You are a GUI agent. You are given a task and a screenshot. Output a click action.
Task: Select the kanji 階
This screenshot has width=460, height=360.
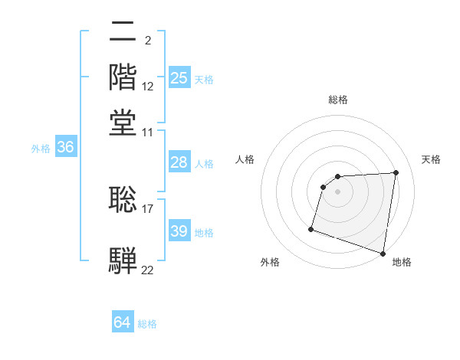(x=123, y=77)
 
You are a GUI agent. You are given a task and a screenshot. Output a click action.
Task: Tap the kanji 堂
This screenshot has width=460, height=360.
(x=123, y=123)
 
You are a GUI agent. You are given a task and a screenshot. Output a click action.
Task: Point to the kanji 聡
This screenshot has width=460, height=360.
(x=123, y=198)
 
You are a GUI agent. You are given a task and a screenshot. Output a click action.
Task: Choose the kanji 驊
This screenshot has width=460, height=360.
(x=123, y=260)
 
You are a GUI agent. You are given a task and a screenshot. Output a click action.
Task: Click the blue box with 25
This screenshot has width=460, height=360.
(x=179, y=78)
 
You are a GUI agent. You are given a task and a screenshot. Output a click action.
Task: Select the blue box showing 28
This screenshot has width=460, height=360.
(x=179, y=162)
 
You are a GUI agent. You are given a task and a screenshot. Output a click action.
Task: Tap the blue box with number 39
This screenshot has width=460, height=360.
(x=179, y=231)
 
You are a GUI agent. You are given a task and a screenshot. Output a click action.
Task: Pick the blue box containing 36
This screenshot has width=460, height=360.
(x=65, y=148)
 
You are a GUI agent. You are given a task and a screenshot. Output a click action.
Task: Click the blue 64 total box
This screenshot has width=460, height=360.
(x=123, y=323)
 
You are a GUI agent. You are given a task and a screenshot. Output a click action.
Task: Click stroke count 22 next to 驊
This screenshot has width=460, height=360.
(x=148, y=270)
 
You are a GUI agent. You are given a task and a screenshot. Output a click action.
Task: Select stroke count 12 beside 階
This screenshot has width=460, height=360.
(x=148, y=87)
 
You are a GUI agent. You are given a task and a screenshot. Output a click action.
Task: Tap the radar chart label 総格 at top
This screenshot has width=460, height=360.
(x=338, y=100)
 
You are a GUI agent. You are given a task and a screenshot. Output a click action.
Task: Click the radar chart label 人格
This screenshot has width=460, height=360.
(x=245, y=159)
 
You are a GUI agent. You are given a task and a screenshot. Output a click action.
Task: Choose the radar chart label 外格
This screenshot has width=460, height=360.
(x=270, y=263)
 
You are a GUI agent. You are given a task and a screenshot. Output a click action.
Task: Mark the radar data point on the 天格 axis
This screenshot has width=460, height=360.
(x=396, y=173)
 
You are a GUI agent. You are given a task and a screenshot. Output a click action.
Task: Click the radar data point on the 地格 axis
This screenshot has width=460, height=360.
(x=383, y=253)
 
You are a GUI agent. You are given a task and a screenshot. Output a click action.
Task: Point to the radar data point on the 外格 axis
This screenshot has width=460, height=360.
(x=311, y=228)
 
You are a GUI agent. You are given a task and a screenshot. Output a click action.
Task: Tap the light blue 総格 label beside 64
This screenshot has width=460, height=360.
(x=147, y=324)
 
